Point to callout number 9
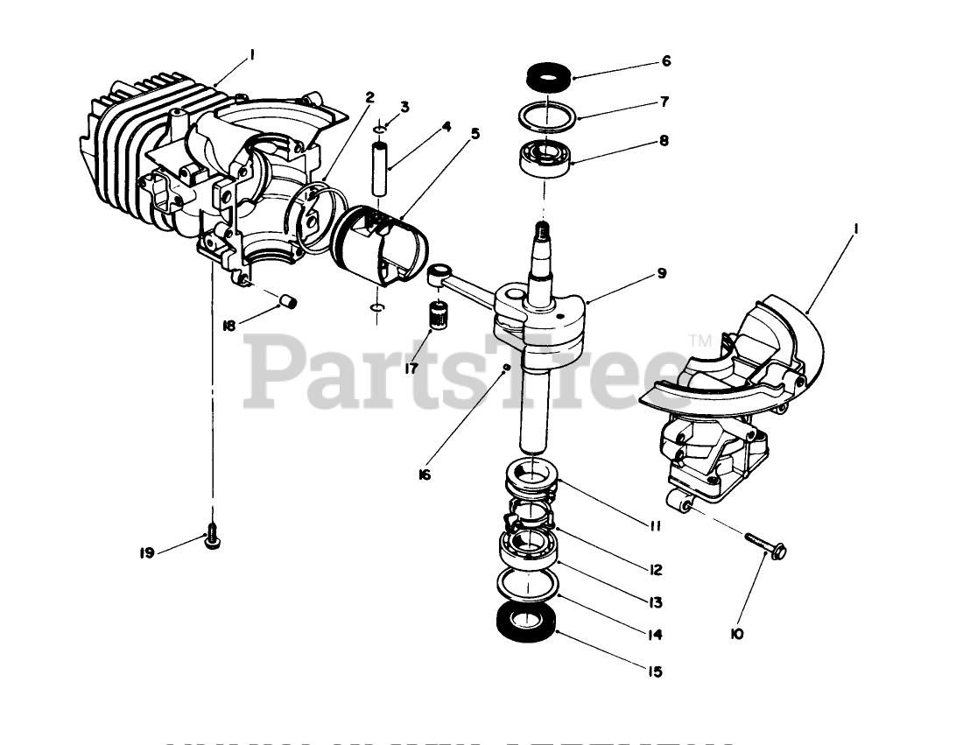click(x=662, y=274)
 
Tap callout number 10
click(x=736, y=633)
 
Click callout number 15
click(x=655, y=672)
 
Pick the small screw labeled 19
click(x=211, y=538)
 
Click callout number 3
click(x=404, y=108)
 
